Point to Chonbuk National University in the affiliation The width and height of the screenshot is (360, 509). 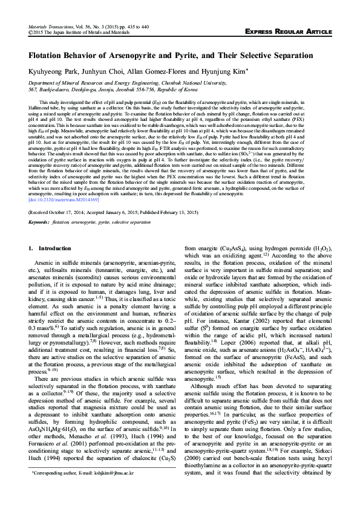[191, 82]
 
